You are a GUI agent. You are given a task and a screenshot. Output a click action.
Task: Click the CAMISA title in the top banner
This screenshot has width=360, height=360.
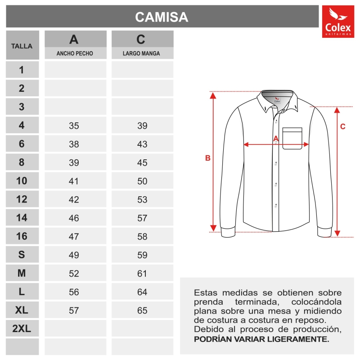(x=162, y=17)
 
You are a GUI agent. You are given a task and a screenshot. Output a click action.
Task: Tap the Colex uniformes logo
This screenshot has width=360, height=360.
(x=338, y=22)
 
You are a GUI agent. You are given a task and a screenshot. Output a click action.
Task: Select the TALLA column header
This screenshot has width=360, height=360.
(x=22, y=46)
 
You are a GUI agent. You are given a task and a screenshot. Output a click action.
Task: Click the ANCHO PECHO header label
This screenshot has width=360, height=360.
(x=75, y=54)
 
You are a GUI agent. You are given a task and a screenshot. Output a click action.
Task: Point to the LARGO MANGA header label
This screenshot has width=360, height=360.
(x=142, y=54)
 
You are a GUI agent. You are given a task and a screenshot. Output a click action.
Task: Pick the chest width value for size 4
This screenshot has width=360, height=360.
(x=74, y=126)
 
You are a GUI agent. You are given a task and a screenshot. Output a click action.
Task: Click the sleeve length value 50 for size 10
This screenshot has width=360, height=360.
(x=142, y=181)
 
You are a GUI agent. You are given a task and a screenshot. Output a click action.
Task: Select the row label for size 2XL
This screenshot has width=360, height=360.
(x=22, y=329)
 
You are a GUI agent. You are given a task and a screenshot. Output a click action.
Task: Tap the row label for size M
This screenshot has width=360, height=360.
(x=22, y=274)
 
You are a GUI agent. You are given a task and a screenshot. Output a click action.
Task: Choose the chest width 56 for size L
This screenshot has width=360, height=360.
(x=74, y=292)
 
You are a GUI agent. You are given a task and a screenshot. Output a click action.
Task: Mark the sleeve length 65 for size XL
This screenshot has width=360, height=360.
(x=142, y=310)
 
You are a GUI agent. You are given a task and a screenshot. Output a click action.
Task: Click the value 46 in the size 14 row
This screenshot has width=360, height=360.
(x=74, y=218)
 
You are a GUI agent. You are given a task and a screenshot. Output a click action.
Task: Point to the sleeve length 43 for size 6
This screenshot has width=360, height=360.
(x=142, y=144)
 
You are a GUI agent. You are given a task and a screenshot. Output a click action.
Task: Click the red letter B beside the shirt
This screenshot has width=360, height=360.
(x=207, y=158)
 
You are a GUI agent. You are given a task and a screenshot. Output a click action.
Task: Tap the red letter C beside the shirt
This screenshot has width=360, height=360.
(x=342, y=126)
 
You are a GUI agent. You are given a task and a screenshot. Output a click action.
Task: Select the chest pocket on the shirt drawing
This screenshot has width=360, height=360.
(x=292, y=138)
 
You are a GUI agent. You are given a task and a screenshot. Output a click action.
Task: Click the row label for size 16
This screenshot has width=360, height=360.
(x=22, y=237)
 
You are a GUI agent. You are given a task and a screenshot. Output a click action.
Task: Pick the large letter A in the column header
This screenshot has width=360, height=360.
(x=74, y=40)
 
